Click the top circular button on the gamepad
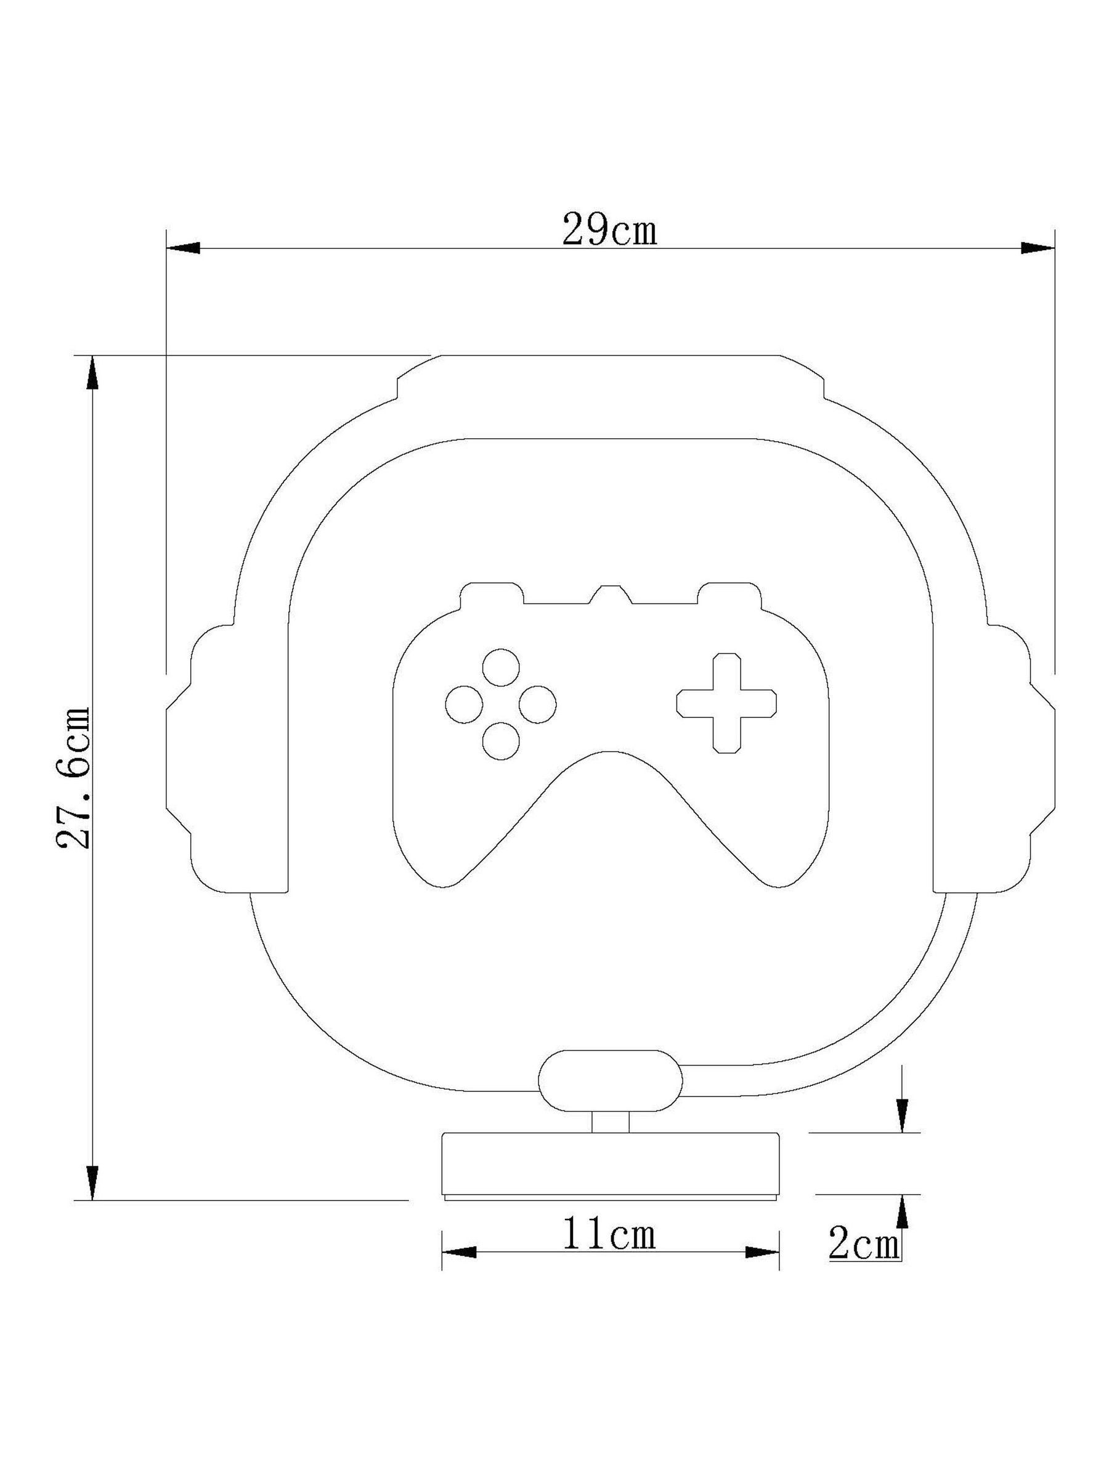[502, 667]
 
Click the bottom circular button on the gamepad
[502, 741]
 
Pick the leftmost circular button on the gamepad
[465, 704]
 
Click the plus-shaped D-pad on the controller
[726, 703]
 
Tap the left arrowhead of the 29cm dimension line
[182, 248]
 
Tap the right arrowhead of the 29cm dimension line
[1038, 248]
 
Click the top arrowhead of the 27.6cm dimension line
[92, 372]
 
